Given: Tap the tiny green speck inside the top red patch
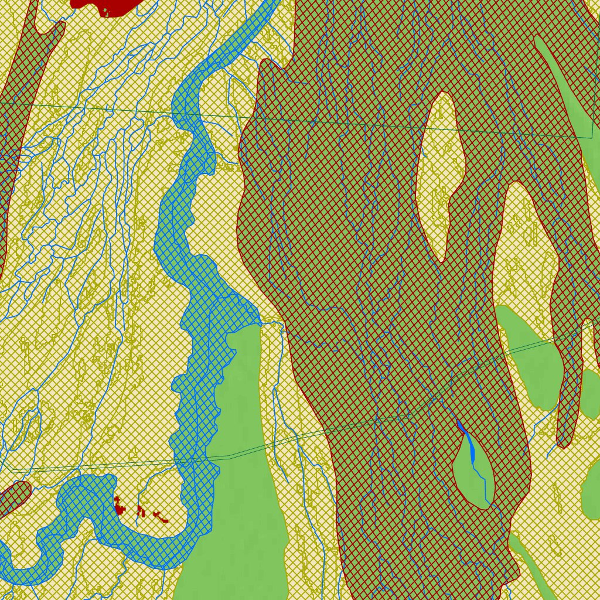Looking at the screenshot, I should (105, 10).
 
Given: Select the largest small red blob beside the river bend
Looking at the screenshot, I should (120, 506).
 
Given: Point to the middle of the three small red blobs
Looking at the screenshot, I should (140, 511).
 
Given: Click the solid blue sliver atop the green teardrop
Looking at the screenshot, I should (462, 427).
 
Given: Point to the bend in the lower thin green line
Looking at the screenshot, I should (230, 455).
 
